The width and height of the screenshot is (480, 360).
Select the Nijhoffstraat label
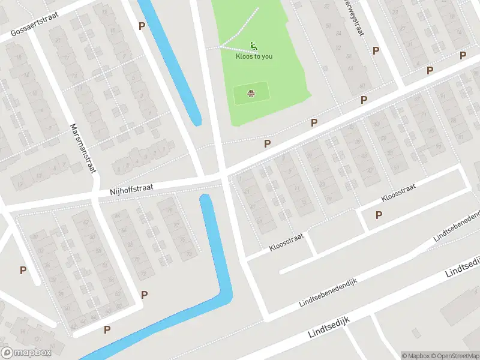(x=131, y=189)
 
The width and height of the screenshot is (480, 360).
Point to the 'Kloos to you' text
(x=254, y=56)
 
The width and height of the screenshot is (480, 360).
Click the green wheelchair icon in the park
(x=254, y=46)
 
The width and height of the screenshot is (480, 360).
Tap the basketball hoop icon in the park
(x=250, y=94)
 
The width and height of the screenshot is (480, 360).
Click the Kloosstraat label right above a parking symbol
(x=399, y=195)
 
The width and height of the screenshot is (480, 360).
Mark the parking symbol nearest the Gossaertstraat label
(x=142, y=26)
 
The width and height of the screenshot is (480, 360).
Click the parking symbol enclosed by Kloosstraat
(x=379, y=215)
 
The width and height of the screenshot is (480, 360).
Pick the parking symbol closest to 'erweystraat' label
(x=376, y=51)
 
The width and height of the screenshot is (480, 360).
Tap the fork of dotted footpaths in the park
(x=220, y=47)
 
